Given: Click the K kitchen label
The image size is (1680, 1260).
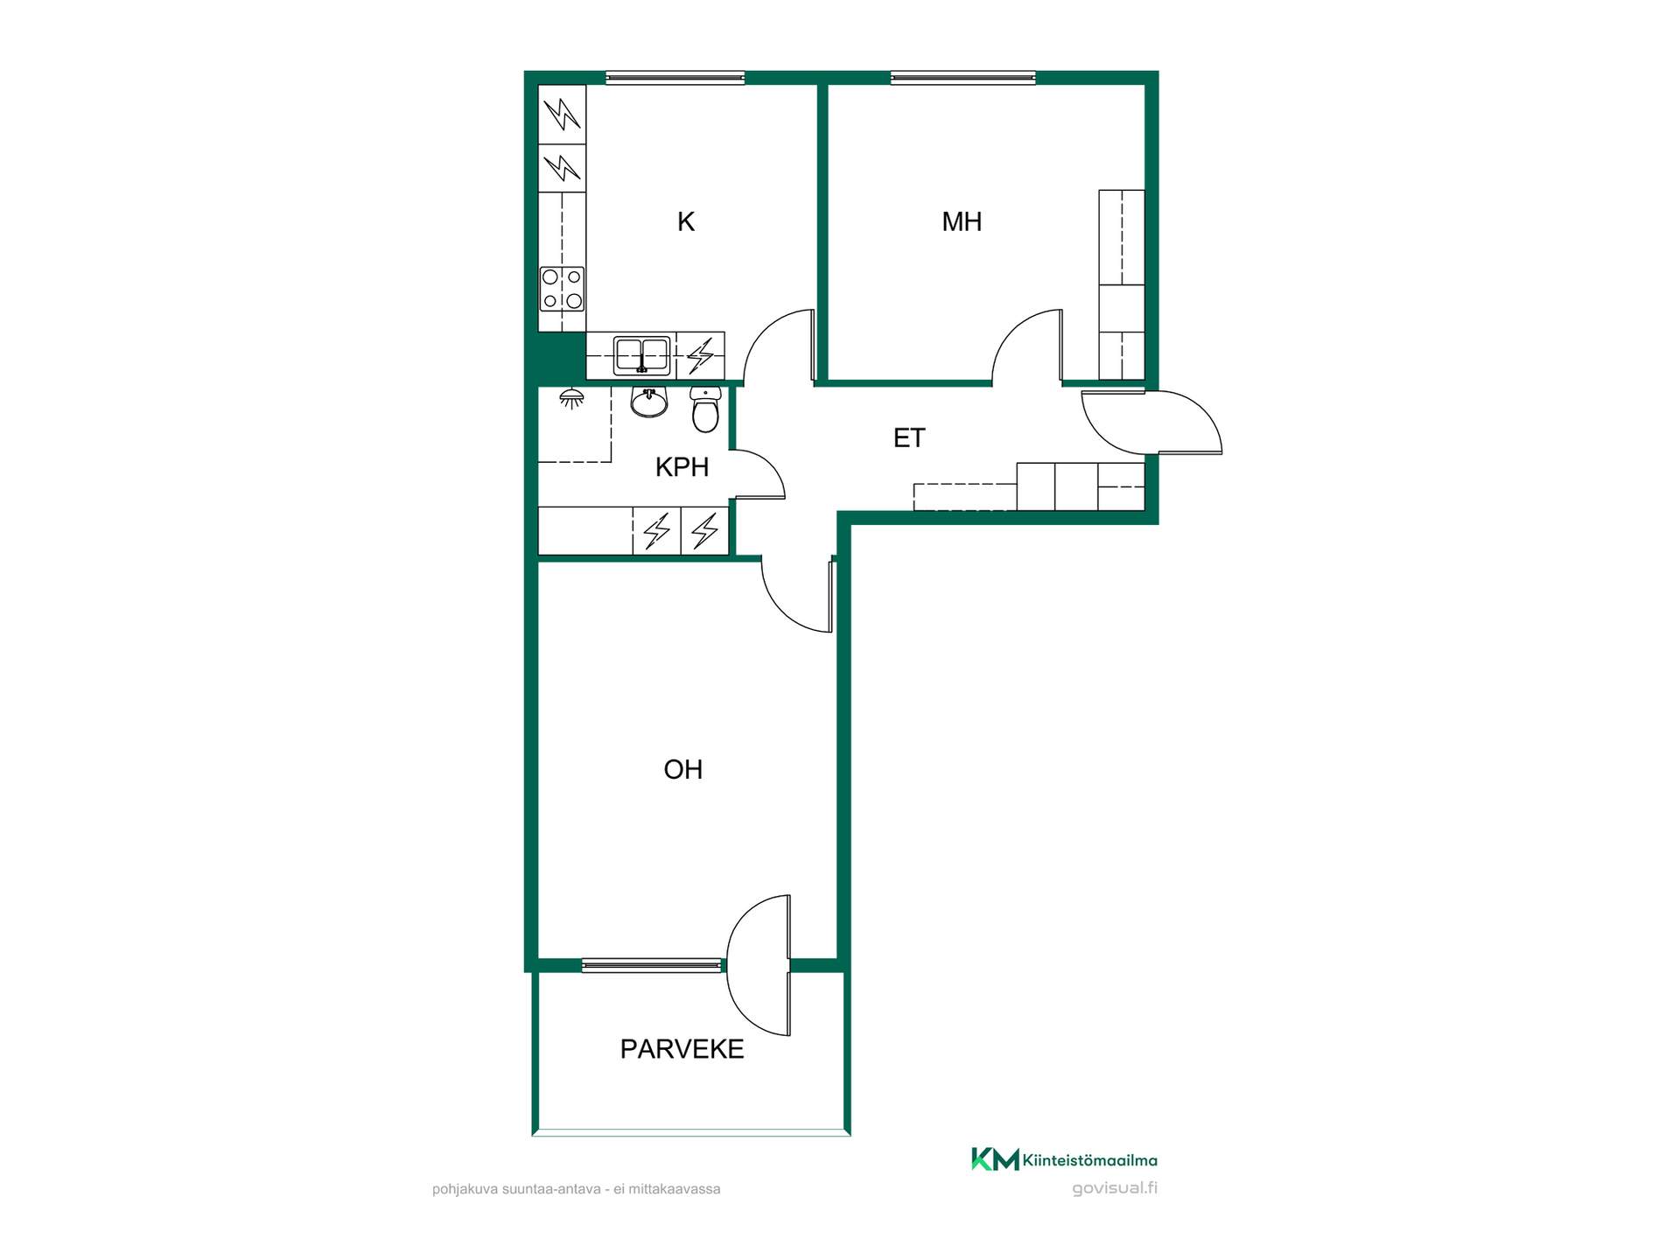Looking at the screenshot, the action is (x=686, y=222).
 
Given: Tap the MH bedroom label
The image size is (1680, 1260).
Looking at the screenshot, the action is (x=962, y=222).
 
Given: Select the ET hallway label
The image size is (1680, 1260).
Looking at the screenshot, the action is (x=909, y=438).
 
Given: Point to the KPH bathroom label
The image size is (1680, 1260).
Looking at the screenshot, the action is (x=682, y=467).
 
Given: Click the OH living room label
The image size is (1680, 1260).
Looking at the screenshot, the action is (x=683, y=770).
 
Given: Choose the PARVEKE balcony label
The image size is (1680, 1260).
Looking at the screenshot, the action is (x=682, y=1049).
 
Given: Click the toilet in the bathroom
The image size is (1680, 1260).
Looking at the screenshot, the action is (x=705, y=409).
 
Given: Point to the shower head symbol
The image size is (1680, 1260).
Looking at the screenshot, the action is (x=571, y=398).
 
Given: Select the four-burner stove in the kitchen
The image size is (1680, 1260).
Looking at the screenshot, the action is (x=562, y=289).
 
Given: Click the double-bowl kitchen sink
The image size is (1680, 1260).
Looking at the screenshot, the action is (x=642, y=355).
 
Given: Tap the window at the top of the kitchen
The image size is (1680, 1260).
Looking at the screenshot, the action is (x=675, y=78).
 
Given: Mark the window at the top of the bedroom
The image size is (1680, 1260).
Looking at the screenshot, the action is (x=962, y=78).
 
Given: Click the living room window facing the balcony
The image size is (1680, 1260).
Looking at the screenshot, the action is (x=652, y=965).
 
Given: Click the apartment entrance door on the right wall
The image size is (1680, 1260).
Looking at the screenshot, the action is (x=1152, y=423).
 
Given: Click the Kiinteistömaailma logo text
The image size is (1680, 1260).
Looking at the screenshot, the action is (x=1089, y=1160).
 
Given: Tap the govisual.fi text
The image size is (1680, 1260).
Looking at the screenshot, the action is (x=1115, y=1188).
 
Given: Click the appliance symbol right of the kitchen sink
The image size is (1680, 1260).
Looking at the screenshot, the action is (x=700, y=356).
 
